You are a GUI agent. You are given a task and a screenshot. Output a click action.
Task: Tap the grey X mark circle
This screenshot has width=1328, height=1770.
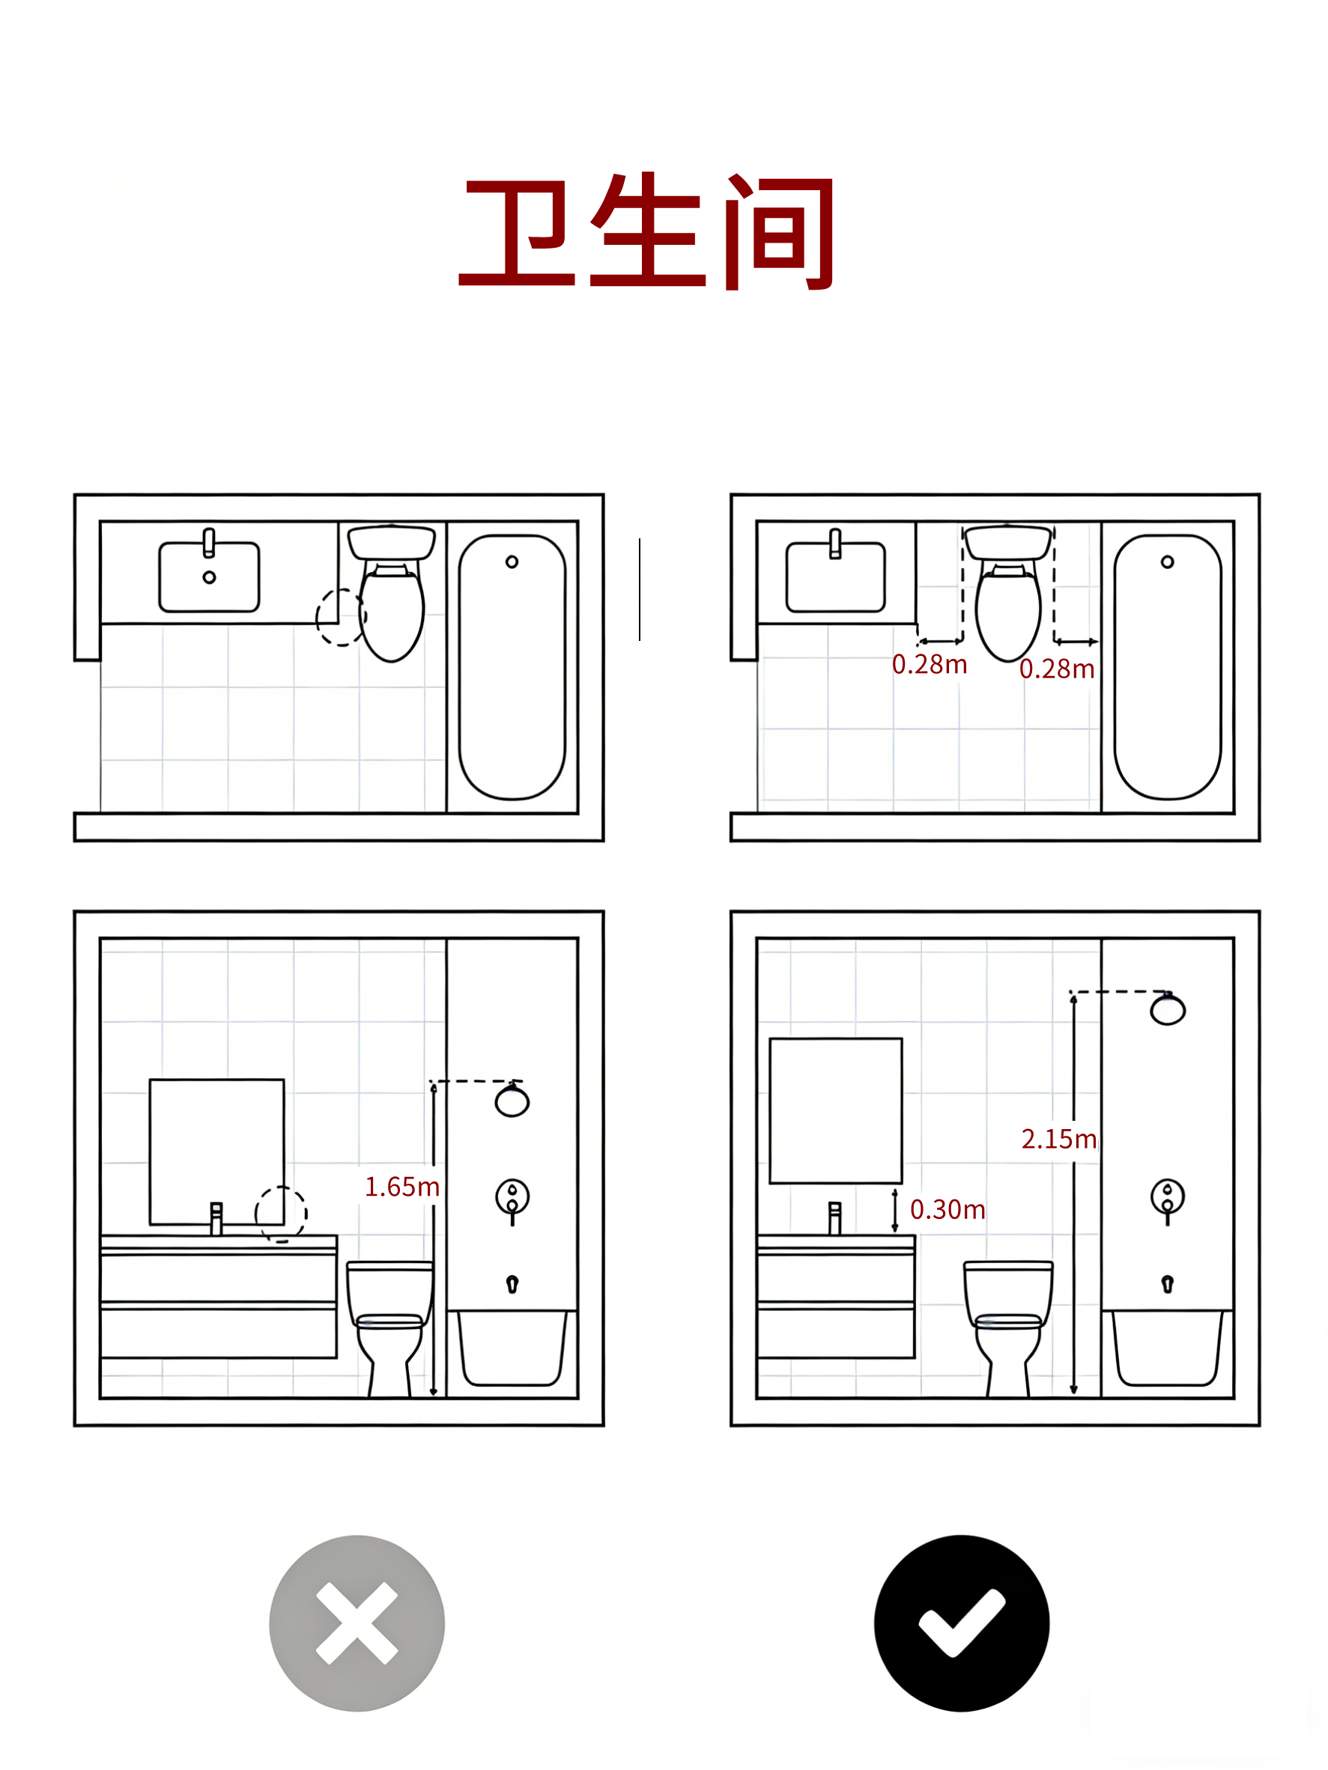click(357, 1623)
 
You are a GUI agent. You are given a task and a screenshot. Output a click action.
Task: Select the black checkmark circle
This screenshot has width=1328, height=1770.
click(962, 1623)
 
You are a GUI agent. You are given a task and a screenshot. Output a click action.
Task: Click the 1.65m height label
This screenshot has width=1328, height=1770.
click(401, 1187)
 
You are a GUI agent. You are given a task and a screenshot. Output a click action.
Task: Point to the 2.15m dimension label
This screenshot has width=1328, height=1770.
click(1058, 1139)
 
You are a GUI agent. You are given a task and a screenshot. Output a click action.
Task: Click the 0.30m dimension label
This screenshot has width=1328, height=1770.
click(948, 1209)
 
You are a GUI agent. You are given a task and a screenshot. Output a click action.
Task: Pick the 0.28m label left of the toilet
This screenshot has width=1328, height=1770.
click(930, 664)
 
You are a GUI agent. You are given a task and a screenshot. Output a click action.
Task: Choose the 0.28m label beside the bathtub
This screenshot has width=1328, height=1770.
click(1057, 669)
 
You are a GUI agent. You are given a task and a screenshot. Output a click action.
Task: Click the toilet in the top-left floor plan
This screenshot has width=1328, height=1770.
click(392, 593)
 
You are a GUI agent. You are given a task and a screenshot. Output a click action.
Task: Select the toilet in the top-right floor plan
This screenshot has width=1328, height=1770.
click(1008, 593)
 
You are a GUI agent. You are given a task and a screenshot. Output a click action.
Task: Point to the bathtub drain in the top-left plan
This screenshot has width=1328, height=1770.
click(512, 562)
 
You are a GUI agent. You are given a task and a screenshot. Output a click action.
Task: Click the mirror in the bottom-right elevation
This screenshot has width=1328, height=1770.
click(836, 1110)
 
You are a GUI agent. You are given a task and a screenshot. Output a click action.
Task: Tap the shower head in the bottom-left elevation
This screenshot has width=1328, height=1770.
click(512, 1099)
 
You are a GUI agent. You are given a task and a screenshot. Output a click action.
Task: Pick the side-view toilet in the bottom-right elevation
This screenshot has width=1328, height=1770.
click(1008, 1329)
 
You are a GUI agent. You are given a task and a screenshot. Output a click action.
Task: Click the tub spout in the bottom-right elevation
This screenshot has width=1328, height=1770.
click(1167, 1284)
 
